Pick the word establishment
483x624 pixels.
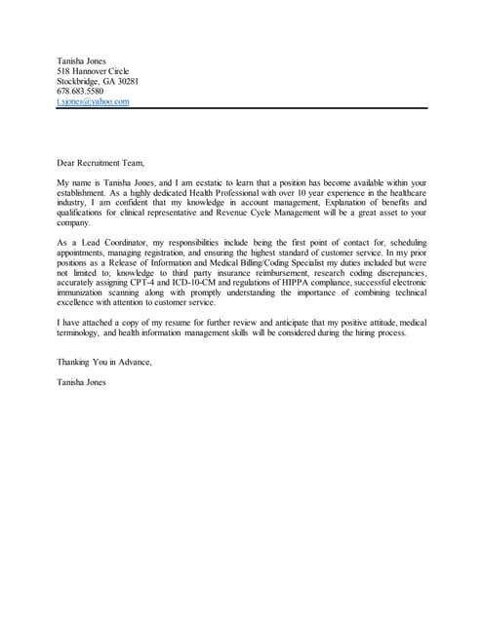point(87,192)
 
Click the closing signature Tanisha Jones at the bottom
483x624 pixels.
point(81,381)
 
